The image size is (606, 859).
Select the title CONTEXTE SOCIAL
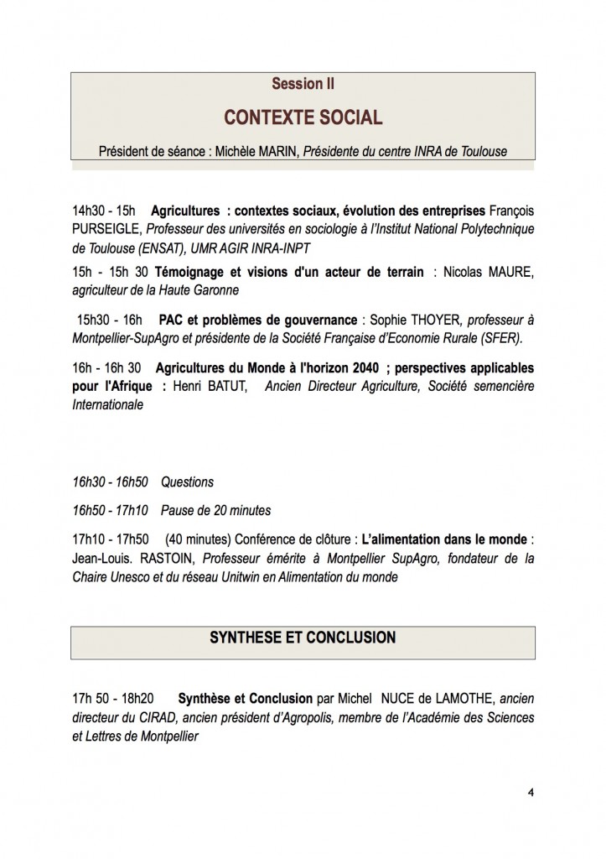coord(303,117)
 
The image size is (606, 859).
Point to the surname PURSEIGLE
coord(106,228)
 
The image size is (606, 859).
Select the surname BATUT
coord(225,387)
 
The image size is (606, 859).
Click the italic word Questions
coord(187,482)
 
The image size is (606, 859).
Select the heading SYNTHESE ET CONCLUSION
coord(303,638)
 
